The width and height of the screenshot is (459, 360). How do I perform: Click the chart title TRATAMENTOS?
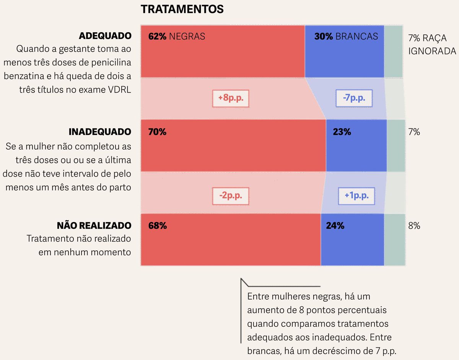click(182, 10)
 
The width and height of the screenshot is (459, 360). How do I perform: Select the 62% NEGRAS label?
click(177, 36)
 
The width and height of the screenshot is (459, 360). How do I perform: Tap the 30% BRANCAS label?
click(346, 36)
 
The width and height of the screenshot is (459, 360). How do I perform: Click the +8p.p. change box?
click(231, 99)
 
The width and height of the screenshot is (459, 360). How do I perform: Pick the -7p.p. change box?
click(354, 99)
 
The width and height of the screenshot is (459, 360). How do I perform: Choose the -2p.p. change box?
click(231, 196)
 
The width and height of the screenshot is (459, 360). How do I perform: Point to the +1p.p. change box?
click(356, 196)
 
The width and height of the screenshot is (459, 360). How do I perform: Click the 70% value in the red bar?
click(157, 132)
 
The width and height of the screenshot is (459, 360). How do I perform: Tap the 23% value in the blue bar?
click(342, 132)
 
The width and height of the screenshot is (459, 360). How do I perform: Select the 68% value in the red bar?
click(157, 226)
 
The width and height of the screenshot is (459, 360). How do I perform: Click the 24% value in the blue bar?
click(335, 226)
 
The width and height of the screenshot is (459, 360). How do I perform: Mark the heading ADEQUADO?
click(105, 36)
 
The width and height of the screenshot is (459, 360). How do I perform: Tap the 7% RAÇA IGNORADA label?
click(432, 45)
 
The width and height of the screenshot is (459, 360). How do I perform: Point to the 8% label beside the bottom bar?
click(414, 226)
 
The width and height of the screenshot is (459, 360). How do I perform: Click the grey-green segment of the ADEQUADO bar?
click(393, 52)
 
